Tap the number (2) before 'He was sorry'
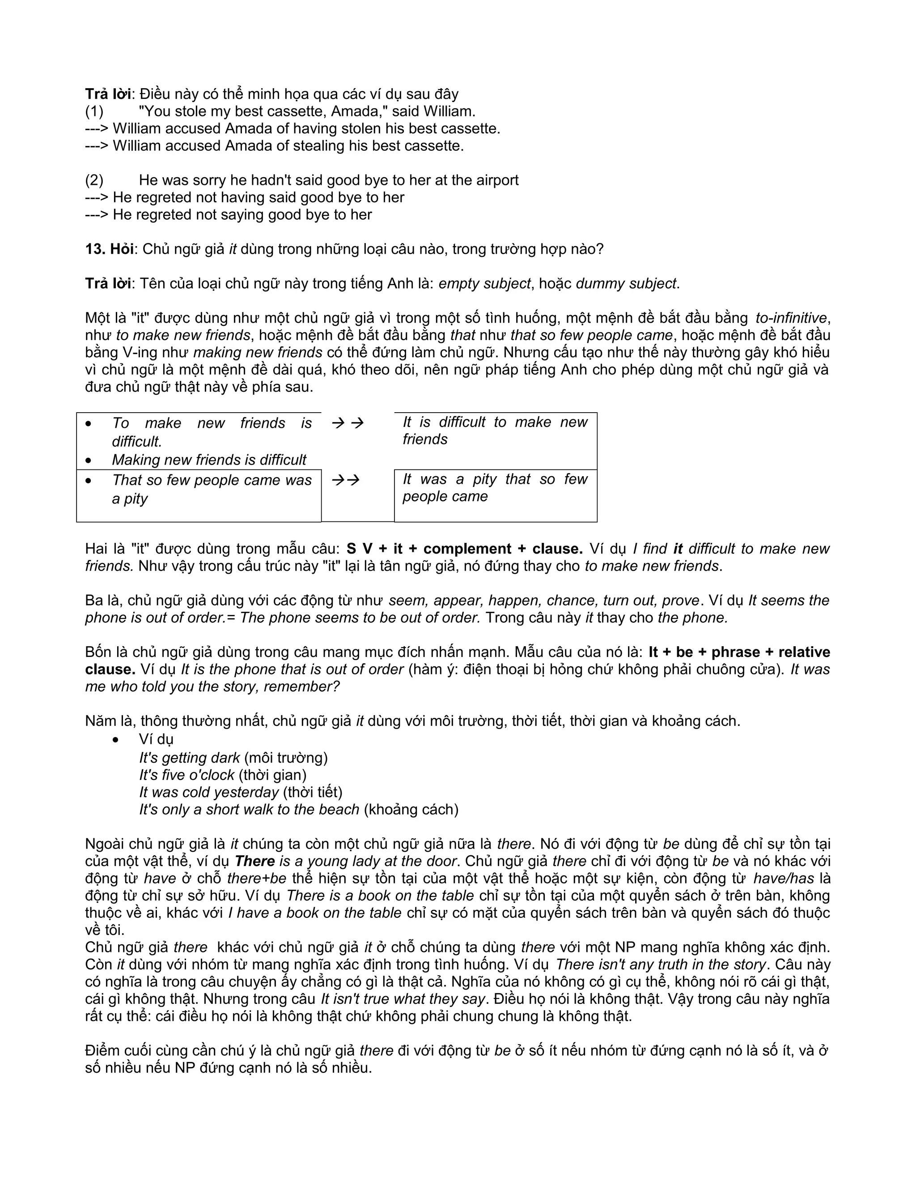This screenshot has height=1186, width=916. click(x=94, y=180)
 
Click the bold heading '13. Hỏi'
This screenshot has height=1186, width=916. click(x=109, y=249)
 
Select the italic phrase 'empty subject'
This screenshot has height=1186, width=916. click(x=484, y=283)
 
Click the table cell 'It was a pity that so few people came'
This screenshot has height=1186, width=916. click(x=495, y=488)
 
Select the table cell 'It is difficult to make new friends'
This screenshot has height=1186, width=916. click(x=495, y=431)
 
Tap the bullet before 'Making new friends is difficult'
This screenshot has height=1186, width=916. click(x=89, y=461)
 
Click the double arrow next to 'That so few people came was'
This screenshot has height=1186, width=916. click(x=346, y=480)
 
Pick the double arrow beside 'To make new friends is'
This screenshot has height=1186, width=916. click(x=348, y=423)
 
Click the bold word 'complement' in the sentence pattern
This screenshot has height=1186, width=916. click(x=467, y=549)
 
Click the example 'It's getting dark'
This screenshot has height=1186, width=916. click(x=189, y=758)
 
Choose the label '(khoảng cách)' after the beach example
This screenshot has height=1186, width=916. click(x=411, y=809)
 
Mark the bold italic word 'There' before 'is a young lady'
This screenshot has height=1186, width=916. click(x=254, y=861)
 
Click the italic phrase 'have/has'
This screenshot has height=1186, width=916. click(x=784, y=878)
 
